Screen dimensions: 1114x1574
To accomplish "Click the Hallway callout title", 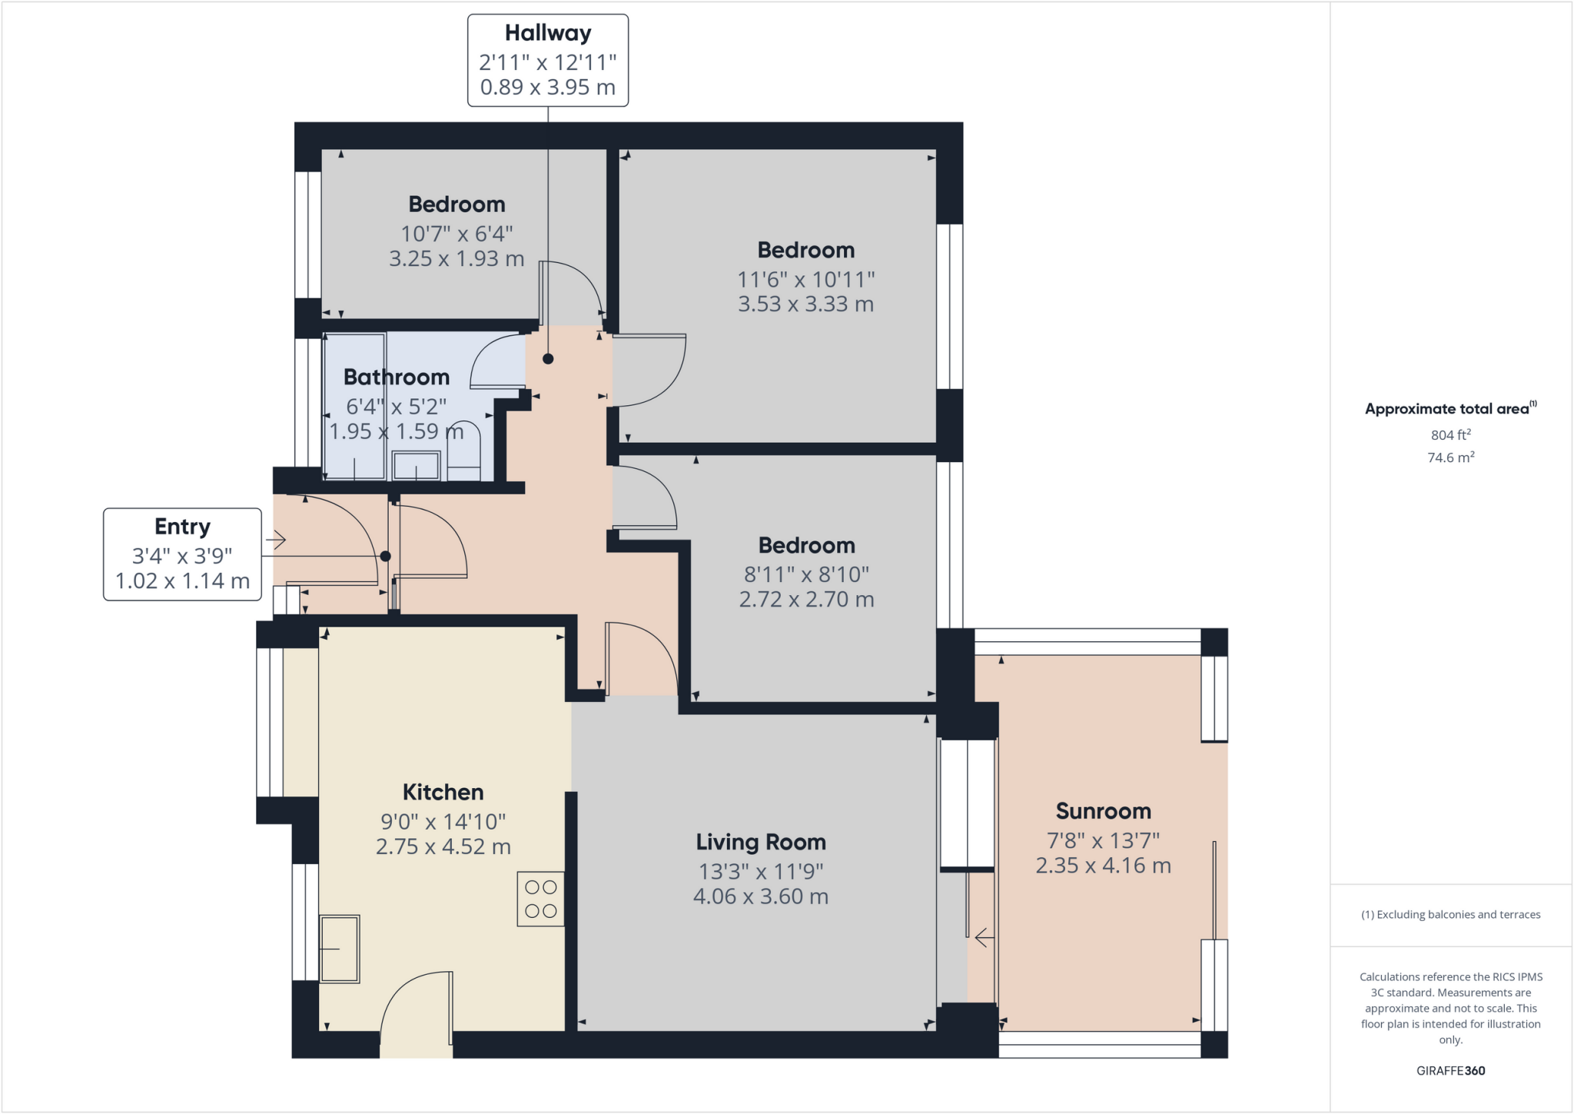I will (x=547, y=33).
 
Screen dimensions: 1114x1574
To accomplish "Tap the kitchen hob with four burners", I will (x=540, y=899).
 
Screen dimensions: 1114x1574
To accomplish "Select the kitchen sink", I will (x=339, y=949).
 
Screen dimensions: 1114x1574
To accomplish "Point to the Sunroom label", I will (x=1103, y=811).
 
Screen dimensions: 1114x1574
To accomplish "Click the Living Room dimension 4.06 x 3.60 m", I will (x=760, y=896).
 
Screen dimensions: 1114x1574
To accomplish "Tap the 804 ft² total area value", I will (x=1450, y=435).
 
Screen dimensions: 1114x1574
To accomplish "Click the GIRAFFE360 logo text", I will (x=1450, y=1070).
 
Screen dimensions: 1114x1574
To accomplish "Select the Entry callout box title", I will (x=182, y=527).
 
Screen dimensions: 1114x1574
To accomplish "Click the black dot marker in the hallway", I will (x=548, y=359).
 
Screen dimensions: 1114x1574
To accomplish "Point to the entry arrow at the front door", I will (x=276, y=540).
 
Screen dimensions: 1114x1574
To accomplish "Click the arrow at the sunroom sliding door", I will (x=985, y=938).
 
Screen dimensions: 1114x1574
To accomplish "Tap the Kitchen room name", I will (x=443, y=793).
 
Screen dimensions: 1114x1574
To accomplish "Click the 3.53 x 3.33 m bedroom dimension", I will (x=805, y=304).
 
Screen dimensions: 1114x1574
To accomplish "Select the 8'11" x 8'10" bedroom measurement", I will (x=805, y=574).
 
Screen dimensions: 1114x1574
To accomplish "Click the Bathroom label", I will (x=396, y=377).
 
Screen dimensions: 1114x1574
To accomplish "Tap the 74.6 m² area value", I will (x=1450, y=457).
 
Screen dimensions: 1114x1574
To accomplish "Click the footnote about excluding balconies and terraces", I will (x=1450, y=915).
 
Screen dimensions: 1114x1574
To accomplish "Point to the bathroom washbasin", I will (x=416, y=466).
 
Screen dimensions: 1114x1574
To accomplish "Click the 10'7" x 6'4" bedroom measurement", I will (x=457, y=233).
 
